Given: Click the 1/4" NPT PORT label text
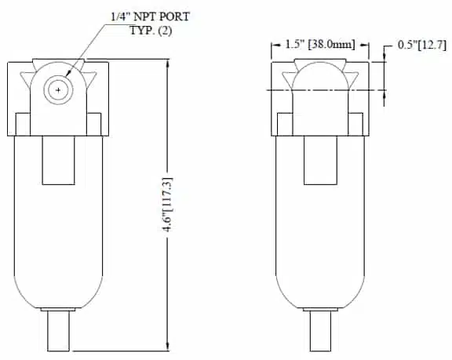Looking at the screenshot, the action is click(150, 16).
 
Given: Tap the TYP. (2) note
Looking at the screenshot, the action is click(151, 31).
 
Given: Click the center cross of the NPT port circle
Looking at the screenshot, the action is click(58, 90).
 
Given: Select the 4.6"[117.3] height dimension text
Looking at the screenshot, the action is click(168, 205).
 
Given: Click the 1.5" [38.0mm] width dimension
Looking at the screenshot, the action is click(320, 45).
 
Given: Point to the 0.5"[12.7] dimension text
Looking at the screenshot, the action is click(422, 45).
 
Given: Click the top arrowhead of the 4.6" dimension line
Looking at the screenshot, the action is click(168, 63).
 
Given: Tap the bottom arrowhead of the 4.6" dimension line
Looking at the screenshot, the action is click(168, 347).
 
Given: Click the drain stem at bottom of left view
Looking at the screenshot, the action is click(58, 331).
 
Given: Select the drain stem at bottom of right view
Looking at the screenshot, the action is click(320, 331).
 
